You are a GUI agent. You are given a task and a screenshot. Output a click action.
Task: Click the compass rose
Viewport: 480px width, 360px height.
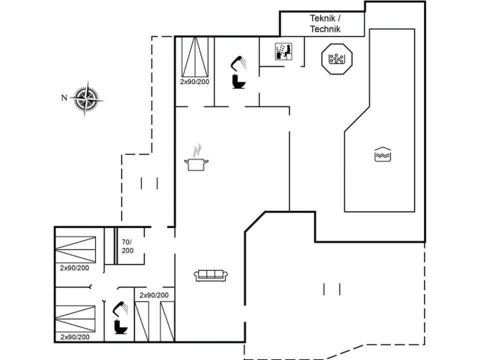click(x=86, y=98)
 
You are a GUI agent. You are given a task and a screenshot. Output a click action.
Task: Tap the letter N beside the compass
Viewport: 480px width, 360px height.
click(x=64, y=98)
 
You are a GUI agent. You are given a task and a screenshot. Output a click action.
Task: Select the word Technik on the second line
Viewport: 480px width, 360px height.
click(x=324, y=29)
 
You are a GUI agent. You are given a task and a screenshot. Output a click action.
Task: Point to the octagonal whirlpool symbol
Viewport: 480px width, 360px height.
click(x=337, y=59)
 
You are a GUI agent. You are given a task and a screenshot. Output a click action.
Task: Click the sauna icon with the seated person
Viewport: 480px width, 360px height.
click(x=283, y=51)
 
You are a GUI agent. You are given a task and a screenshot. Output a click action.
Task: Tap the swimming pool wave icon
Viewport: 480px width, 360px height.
click(x=382, y=154)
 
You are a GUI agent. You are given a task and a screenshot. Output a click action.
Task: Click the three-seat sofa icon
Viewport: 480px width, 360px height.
click(x=210, y=274)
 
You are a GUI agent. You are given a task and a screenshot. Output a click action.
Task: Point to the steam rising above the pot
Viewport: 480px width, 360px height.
click(x=198, y=150)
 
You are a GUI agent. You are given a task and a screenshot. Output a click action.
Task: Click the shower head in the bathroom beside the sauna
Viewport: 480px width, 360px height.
click(x=238, y=63)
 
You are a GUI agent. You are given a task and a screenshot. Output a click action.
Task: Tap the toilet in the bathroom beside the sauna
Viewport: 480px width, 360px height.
click(x=238, y=81)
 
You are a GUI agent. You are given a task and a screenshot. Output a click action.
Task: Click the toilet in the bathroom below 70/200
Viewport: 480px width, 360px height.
click(x=120, y=326)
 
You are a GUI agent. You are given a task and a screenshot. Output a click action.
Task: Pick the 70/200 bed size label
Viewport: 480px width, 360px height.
click(x=127, y=246)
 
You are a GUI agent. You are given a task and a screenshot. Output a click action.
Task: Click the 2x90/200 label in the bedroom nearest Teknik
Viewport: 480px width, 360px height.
click(x=194, y=81)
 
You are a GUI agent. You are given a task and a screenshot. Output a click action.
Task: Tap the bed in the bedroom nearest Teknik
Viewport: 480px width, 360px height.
click(x=194, y=56)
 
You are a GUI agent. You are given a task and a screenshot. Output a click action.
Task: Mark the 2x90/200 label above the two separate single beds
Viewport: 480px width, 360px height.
click(x=154, y=295)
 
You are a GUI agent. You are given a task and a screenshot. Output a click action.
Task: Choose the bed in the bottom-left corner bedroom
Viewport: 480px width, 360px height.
click(x=75, y=319)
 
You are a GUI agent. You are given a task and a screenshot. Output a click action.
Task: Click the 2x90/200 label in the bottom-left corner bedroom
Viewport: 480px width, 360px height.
click(x=75, y=337)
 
